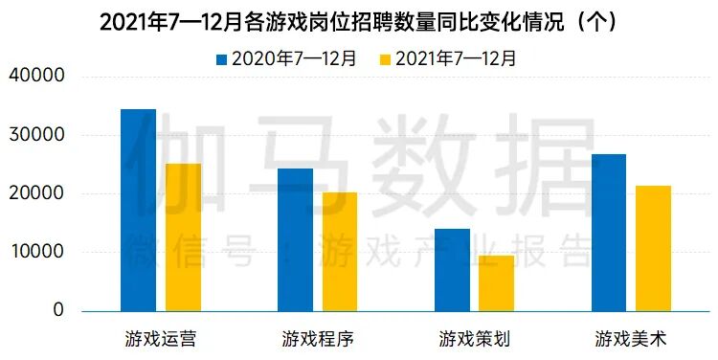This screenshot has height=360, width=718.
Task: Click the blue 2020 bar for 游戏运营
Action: [x=138, y=211]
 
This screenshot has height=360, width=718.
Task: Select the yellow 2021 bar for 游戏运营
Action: [x=183, y=237]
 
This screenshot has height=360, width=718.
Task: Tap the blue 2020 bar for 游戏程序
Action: [x=295, y=240]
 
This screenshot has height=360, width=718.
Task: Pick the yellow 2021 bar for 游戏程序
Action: [x=340, y=252]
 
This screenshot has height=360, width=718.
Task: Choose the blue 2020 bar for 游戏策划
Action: [x=452, y=270]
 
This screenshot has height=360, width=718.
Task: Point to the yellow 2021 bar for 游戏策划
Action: [x=497, y=283]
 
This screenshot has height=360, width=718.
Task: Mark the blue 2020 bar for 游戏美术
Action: [x=609, y=233]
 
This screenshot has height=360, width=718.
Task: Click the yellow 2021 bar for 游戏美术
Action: [x=654, y=248]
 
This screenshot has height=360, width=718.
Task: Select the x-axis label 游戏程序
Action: [x=318, y=338]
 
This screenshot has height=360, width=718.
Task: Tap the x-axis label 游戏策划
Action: [x=475, y=338]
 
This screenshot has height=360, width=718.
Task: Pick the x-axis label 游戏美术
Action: [x=631, y=338]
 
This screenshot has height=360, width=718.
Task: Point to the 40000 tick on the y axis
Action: [x=37, y=77]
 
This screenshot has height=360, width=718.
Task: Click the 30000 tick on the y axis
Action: [x=37, y=135]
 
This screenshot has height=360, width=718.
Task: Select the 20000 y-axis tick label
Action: [x=37, y=193]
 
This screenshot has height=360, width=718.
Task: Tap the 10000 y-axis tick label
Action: [x=37, y=252]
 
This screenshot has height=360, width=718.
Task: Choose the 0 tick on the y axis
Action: [x=58, y=310]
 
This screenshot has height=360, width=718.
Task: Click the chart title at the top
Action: [x=358, y=21]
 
